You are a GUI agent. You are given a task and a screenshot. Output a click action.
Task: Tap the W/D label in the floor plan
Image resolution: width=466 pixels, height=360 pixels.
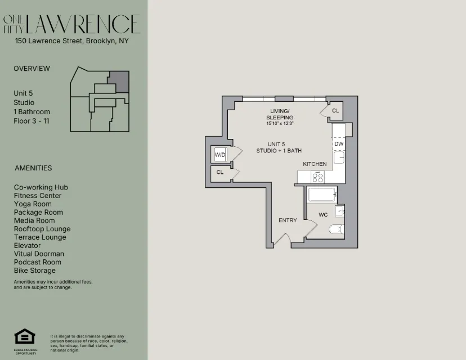click(219, 154)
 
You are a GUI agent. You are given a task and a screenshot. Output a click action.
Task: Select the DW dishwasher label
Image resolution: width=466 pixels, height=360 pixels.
click(338, 144)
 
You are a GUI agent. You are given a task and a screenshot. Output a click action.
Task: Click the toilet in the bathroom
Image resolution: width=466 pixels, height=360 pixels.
click(335, 229)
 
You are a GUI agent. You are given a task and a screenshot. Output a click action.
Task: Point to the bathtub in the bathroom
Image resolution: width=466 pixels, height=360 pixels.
click(321, 195)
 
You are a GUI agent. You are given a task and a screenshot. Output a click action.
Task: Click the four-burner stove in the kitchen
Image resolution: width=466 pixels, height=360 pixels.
click(318, 177)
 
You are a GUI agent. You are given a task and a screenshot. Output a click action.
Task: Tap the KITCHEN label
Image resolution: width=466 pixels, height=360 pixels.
click(315, 164)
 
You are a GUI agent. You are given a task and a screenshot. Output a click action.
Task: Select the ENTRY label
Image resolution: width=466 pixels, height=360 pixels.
click(288, 220)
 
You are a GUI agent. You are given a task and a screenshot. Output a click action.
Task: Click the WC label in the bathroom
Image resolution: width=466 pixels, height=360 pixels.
click(323, 214)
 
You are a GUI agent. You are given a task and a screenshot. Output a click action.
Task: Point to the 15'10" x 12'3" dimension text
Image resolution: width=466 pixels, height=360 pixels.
click(280, 123)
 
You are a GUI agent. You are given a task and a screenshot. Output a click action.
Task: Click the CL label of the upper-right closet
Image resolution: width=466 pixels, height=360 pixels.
click(335, 111)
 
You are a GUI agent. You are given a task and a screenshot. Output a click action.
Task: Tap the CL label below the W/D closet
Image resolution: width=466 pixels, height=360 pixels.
click(220, 172)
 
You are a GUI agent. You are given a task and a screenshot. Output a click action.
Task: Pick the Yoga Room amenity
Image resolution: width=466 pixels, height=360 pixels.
click(33, 204)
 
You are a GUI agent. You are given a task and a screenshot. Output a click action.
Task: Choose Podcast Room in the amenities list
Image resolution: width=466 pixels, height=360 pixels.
click(38, 262)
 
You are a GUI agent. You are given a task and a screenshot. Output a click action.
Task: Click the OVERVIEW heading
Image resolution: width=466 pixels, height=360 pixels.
click(32, 69)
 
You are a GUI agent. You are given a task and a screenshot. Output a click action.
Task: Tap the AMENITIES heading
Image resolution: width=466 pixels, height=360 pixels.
click(33, 168)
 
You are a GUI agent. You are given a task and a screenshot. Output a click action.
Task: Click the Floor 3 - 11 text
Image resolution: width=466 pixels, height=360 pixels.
click(32, 121)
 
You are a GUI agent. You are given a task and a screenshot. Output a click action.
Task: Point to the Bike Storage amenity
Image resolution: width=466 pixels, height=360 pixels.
click(35, 271)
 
